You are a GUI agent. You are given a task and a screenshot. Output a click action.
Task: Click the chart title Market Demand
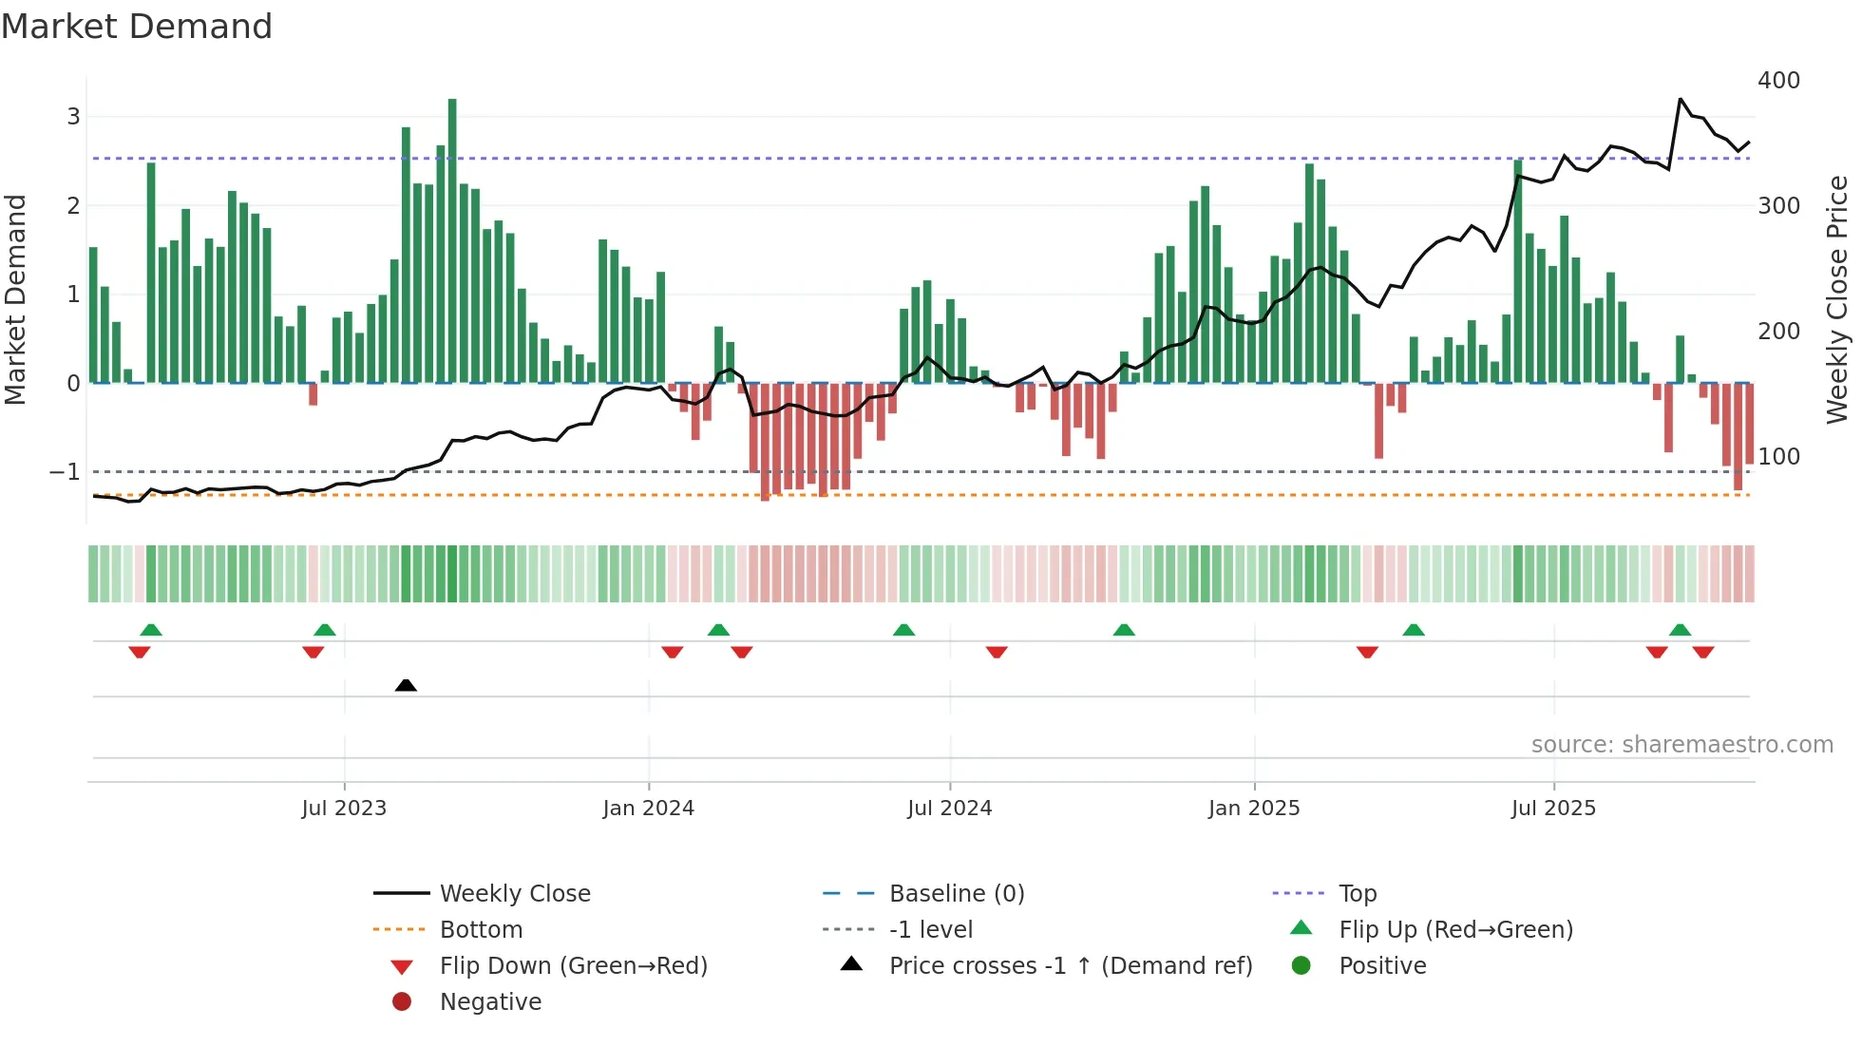[x=137, y=27]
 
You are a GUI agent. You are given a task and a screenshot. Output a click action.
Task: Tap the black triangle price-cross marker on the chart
[x=406, y=685]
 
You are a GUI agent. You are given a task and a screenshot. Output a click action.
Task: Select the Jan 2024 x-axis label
[x=648, y=809]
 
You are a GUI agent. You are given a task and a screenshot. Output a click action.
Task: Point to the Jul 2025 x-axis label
[x=1553, y=809]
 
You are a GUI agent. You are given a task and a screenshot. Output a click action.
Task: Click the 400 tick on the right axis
[x=1778, y=81]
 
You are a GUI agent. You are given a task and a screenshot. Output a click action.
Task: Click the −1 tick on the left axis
[x=65, y=472]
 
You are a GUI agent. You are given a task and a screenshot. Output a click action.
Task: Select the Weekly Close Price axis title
[x=1837, y=299]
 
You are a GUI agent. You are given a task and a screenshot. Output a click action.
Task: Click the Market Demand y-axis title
[x=15, y=299]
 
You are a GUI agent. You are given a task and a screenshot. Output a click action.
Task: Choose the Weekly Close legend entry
[x=514, y=894]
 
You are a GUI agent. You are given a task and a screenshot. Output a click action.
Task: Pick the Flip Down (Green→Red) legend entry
[x=573, y=966]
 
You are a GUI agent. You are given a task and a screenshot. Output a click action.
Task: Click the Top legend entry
[x=1357, y=894]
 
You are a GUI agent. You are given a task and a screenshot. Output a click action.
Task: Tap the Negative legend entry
[x=490, y=1002]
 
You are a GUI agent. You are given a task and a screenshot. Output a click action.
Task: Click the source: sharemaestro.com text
[x=1681, y=745]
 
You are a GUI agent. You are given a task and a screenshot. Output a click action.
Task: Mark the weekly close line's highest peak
[x=1680, y=99]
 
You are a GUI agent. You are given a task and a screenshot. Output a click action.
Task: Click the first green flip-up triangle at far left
[x=151, y=630]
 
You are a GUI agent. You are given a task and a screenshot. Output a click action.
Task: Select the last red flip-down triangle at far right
[x=1702, y=652]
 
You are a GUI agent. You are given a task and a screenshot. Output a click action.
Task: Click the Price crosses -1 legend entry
[x=1070, y=966]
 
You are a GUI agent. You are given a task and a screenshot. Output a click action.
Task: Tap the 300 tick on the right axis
[x=1778, y=206]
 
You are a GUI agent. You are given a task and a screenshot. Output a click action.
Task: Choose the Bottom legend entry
[x=481, y=930]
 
